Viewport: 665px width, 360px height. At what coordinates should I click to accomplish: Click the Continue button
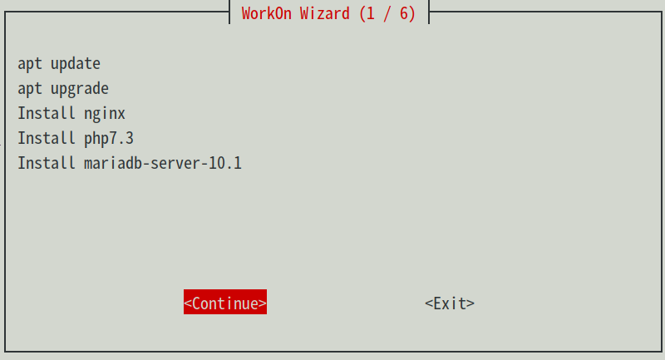point(225,303)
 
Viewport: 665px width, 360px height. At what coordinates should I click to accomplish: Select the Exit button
point(450,303)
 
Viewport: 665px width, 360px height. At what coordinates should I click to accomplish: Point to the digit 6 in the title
point(404,14)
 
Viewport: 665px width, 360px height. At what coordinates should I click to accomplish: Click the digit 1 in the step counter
point(371,14)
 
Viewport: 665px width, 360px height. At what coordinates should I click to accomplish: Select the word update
point(76,63)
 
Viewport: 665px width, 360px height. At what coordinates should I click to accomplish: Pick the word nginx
point(105,113)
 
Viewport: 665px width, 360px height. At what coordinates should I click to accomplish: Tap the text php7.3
point(109,138)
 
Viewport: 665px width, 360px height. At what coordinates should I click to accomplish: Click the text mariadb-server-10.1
point(163,163)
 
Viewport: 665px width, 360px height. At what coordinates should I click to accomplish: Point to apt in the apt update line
point(30,63)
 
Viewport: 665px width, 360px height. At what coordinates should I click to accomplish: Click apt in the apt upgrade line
point(30,88)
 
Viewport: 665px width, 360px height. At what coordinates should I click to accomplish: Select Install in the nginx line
point(47,113)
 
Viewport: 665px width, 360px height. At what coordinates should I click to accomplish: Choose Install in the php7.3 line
point(47,138)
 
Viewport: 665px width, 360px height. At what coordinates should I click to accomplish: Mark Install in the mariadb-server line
point(47,163)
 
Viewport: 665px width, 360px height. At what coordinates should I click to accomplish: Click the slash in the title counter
point(387,14)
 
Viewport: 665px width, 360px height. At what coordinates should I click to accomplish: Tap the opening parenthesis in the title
point(362,14)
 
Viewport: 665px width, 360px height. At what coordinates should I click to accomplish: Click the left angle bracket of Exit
point(429,303)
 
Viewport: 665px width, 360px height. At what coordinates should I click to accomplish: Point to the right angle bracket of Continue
point(263,303)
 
